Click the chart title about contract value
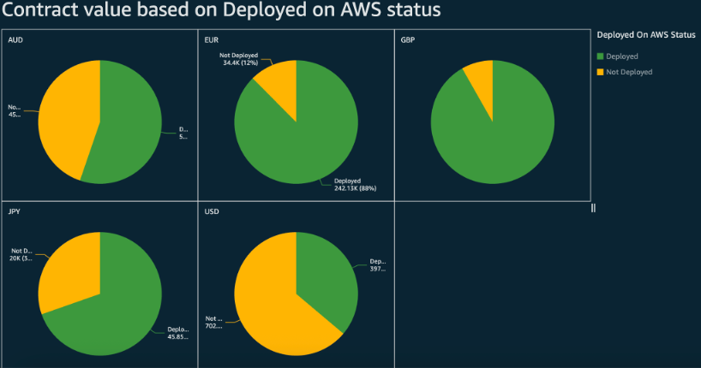point(220,12)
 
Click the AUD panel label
point(15,40)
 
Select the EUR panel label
point(212,40)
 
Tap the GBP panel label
point(408,40)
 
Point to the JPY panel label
point(14,211)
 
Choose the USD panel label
point(212,211)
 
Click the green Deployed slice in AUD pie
point(129,128)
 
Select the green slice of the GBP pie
point(493,133)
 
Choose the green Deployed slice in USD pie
point(330,274)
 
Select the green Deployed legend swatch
point(601,56)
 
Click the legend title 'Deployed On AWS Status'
point(646,35)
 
